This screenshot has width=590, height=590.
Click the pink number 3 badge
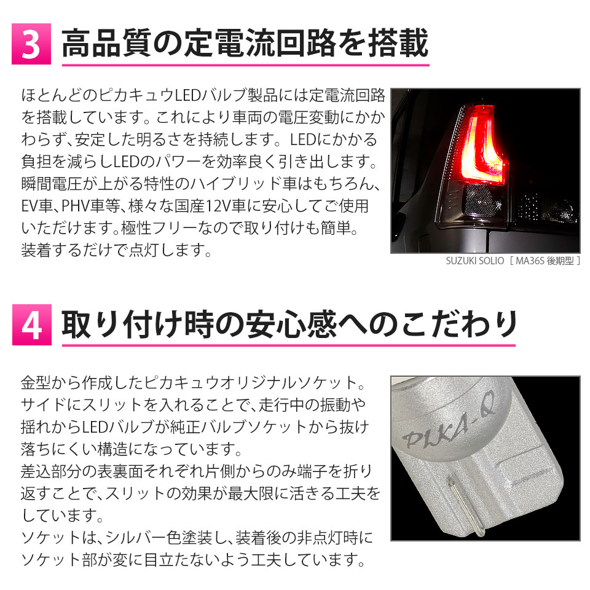[31, 44]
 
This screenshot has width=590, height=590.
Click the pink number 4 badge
[31, 324]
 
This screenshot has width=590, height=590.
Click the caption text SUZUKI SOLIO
[475, 261]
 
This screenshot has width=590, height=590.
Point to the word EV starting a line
[29, 206]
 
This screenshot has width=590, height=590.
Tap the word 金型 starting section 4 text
[36, 383]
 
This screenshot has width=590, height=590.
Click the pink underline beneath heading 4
[289, 345]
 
